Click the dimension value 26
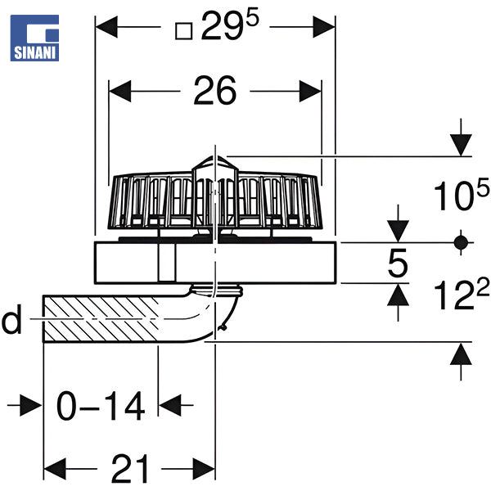(215, 91)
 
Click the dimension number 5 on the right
(398, 264)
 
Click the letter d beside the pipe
(11, 322)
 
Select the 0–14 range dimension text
(100, 404)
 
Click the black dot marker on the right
(461, 242)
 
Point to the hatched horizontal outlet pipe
(106, 320)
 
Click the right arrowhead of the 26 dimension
(310, 91)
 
